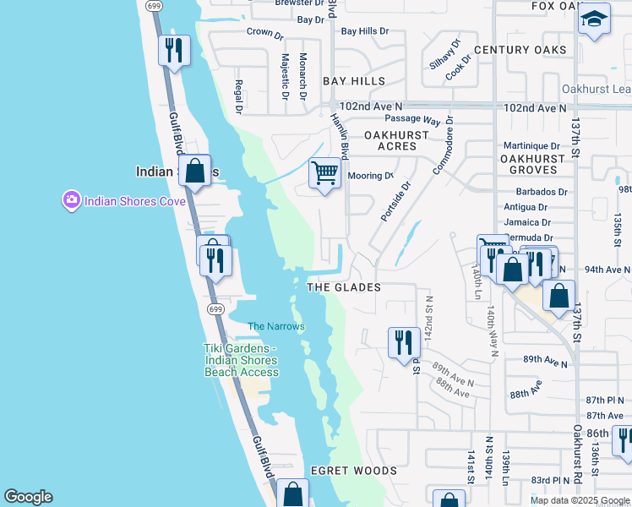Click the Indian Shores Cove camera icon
tap(71, 200)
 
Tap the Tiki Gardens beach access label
tap(241, 360)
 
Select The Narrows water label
tap(275, 326)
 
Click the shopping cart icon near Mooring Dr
tap(325, 174)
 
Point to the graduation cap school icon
tap(594, 19)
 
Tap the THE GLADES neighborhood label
tap(343, 287)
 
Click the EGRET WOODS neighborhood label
tap(353, 471)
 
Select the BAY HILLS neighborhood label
tap(354, 81)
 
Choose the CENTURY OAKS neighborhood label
tap(520, 50)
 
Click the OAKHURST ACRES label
tap(390, 140)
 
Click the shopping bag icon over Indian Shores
tap(195, 171)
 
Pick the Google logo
tap(28, 497)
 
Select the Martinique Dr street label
tap(531, 146)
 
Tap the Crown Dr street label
tap(264, 34)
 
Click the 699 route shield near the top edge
tap(153, 5)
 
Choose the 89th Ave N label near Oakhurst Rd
tap(545, 360)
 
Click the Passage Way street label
tap(413, 120)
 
